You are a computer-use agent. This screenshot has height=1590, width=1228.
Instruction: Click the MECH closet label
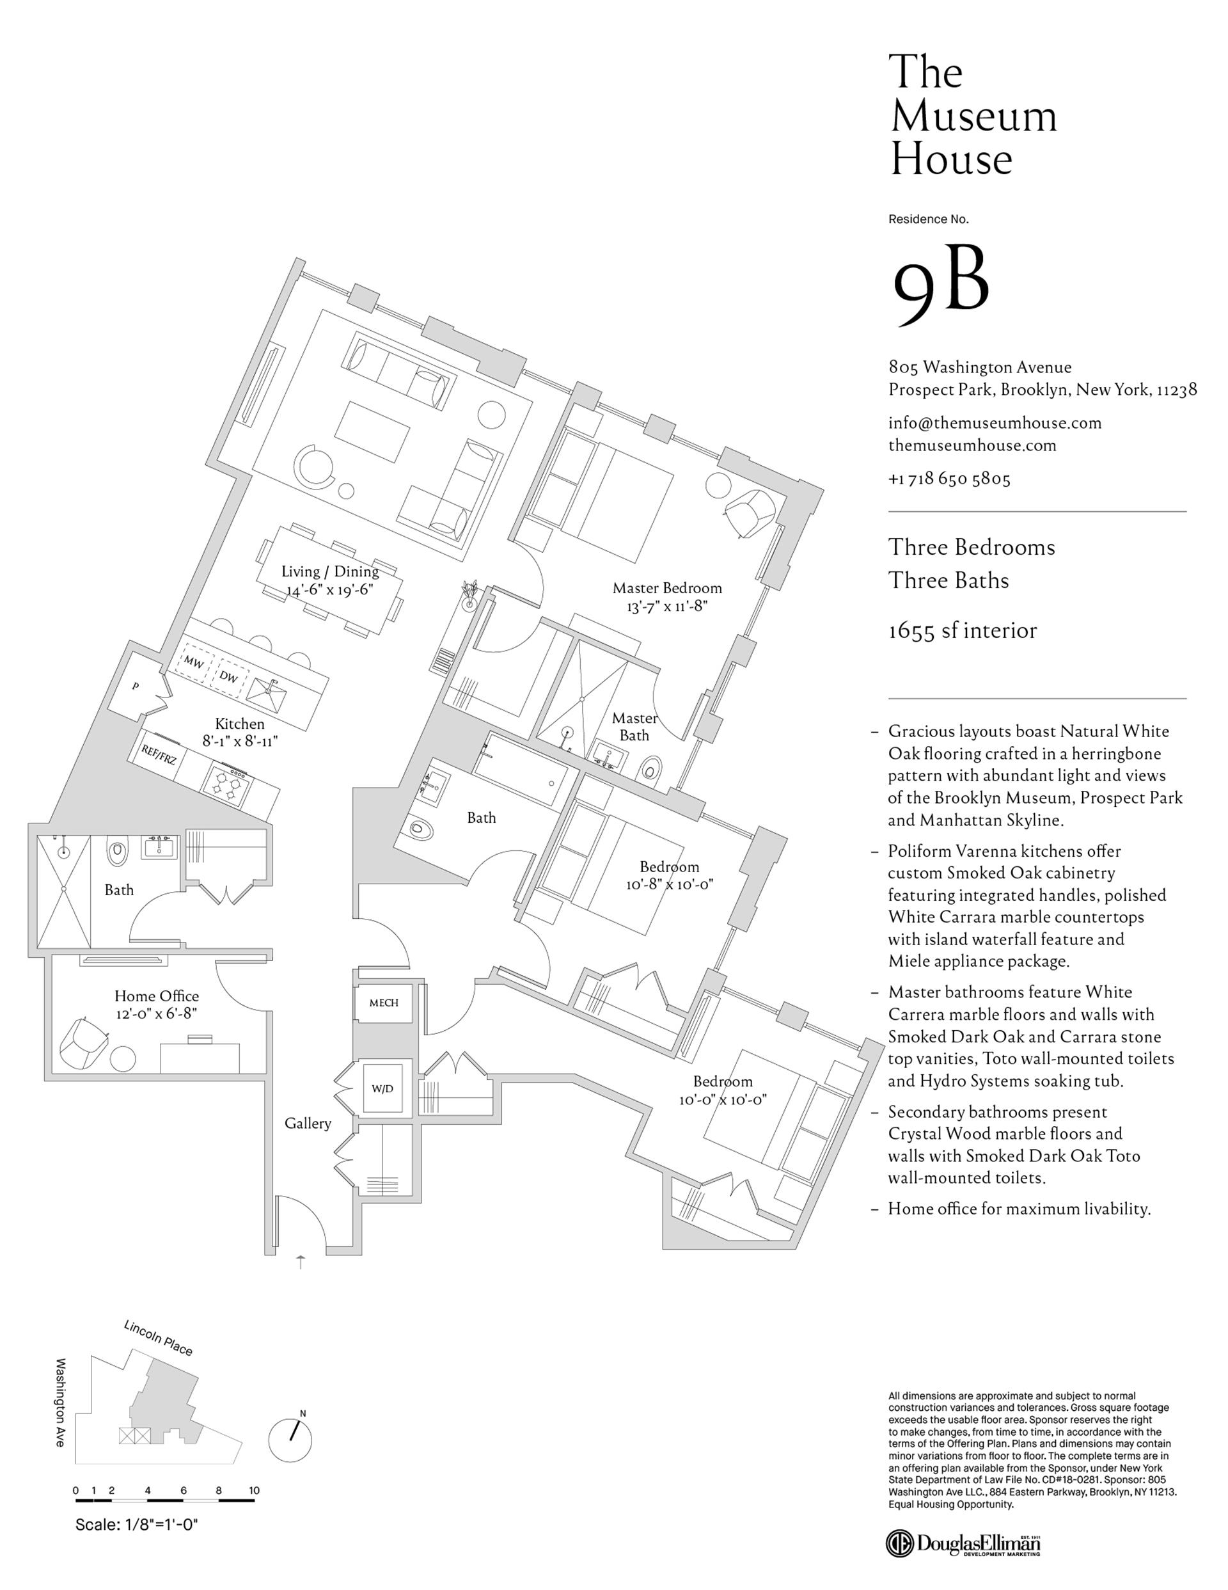tap(384, 1003)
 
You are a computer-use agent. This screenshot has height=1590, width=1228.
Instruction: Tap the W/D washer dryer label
tap(382, 1089)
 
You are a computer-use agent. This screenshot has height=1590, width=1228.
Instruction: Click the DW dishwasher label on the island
tap(228, 677)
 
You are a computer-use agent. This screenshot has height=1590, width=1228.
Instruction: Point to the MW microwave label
tap(193, 662)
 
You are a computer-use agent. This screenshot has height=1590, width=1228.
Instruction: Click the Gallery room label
tap(307, 1124)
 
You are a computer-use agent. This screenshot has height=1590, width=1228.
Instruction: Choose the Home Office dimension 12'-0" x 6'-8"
tap(156, 1013)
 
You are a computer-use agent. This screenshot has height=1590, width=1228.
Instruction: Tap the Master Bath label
tap(634, 727)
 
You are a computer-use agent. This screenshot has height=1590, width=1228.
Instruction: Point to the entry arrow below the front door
tap(301, 1262)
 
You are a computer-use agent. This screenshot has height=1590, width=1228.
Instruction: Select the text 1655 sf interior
tap(963, 630)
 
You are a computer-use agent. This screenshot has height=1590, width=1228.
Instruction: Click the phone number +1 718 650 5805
tap(949, 479)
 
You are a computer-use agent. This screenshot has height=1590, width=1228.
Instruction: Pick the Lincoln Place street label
tap(158, 1338)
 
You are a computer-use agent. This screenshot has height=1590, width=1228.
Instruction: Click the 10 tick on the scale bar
tap(254, 1490)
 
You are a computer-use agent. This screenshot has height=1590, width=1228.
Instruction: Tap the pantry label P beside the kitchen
tap(136, 687)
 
